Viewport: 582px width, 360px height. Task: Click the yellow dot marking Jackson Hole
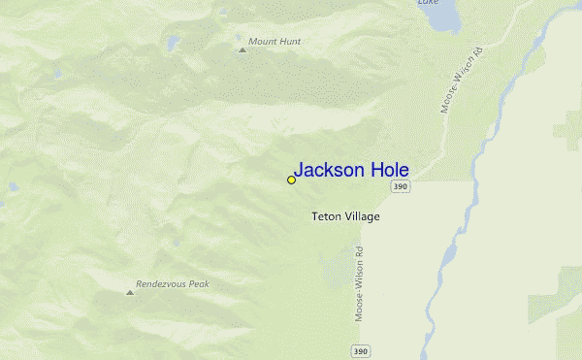tap(291, 180)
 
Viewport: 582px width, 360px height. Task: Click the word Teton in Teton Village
tap(326, 216)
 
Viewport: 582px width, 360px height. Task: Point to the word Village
tap(362, 216)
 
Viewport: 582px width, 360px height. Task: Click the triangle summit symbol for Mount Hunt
tap(242, 49)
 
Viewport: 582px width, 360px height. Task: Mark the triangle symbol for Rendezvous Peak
tap(130, 291)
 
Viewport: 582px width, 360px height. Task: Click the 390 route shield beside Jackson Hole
tap(401, 186)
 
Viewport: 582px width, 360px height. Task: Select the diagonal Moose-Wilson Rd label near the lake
tap(462, 79)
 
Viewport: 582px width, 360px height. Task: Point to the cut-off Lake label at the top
tap(428, 3)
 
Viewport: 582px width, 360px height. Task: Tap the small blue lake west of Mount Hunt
tap(173, 43)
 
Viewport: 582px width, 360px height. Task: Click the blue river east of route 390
tap(448, 252)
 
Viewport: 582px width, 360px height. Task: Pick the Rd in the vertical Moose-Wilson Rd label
tap(358, 254)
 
